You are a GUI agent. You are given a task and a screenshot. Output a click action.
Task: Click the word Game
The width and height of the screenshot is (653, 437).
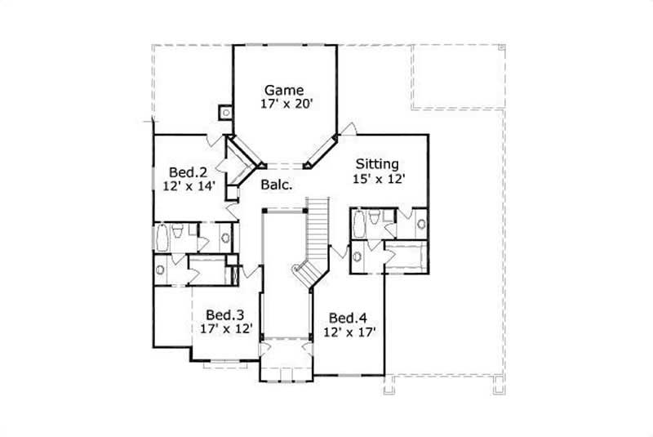pyautogui.click(x=284, y=90)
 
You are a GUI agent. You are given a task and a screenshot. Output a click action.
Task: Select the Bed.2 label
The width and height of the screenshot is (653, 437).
pyautogui.click(x=186, y=172)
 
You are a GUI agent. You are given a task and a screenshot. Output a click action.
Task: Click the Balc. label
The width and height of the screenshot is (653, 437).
pyautogui.click(x=275, y=186)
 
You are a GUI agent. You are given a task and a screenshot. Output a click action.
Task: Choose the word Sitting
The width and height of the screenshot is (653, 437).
pyautogui.click(x=377, y=163)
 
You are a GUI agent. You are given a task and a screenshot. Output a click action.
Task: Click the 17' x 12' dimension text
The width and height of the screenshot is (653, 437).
pyautogui.click(x=226, y=329)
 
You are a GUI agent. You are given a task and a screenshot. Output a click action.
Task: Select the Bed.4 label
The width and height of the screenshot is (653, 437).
pyautogui.click(x=347, y=318)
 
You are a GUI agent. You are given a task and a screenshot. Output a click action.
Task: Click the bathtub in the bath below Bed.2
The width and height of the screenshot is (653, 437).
pyautogui.click(x=162, y=238)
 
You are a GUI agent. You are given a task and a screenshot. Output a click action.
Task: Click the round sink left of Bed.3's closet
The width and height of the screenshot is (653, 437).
pyautogui.click(x=161, y=269)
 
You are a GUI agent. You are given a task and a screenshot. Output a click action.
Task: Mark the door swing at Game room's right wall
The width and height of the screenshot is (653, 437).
pyautogui.click(x=349, y=129)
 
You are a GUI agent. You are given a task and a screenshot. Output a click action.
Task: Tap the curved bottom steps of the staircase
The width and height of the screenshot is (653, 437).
pyautogui.click(x=304, y=274)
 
